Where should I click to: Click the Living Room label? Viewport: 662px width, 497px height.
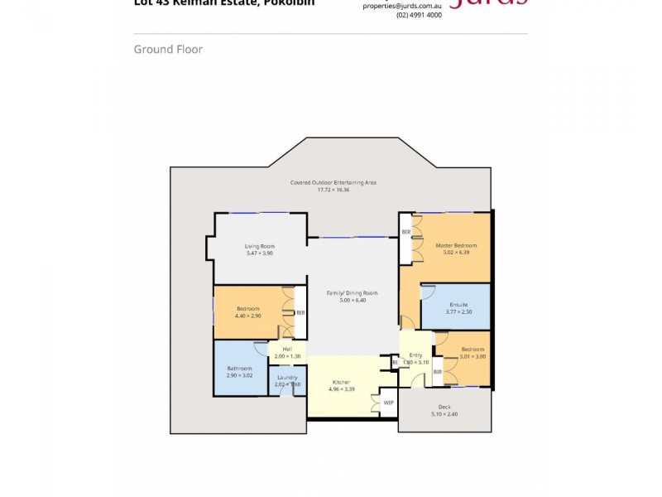[x=259, y=246]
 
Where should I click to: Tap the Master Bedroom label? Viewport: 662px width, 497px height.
[x=456, y=245]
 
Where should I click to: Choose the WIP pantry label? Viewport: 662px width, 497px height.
[x=388, y=403]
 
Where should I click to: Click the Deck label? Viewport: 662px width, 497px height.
[x=444, y=407]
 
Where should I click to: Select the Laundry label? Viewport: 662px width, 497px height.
[x=287, y=378]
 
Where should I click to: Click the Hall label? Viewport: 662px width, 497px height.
[x=287, y=349]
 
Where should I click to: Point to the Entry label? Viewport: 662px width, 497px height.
[x=415, y=355]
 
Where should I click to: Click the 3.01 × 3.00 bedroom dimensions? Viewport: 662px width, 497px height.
[x=473, y=356]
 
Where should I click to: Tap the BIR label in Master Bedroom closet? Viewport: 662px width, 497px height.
[x=405, y=232]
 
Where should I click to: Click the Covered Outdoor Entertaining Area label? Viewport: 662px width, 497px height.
[x=333, y=182]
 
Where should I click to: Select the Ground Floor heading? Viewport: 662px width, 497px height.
[x=168, y=50]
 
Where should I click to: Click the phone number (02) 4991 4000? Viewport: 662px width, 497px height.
[x=419, y=15]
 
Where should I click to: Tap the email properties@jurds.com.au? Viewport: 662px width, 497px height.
[x=402, y=5]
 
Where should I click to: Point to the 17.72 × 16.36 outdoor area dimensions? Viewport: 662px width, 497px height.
[x=333, y=190]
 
